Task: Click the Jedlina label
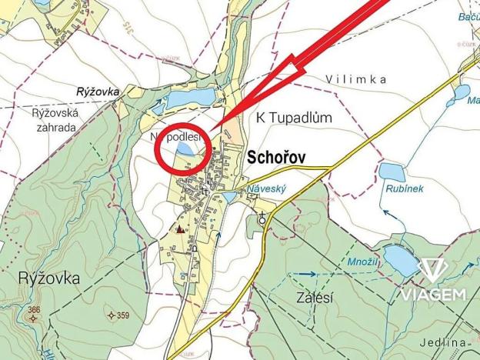click(x=444, y=342)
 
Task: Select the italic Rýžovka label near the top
click(x=98, y=91)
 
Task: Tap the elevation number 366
click(x=33, y=310)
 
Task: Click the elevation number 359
click(x=118, y=315)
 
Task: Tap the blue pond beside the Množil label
click(x=399, y=259)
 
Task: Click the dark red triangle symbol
click(x=180, y=228)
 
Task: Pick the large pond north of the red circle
click(x=191, y=98)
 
